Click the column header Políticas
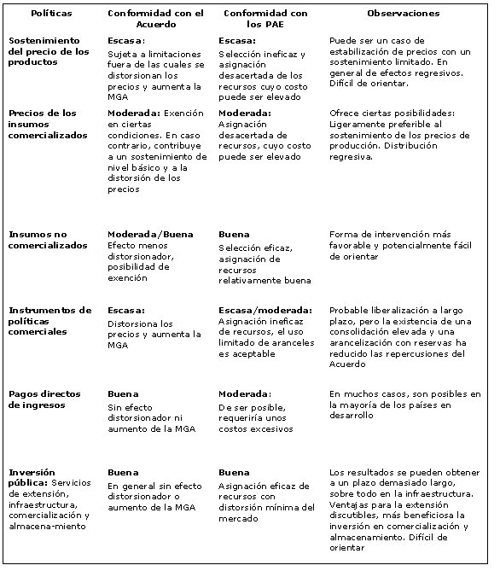[51, 14]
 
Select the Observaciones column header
[403, 14]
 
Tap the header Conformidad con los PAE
[265, 19]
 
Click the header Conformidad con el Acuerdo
[155, 19]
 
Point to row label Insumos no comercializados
[48, 240]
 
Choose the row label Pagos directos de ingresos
[44, 399]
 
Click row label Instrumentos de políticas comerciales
[49, 321]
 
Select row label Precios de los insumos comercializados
[48, 124]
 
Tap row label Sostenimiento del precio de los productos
[49, 51]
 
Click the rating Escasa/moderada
[265, 310]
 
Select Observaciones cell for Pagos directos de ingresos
[404, 405]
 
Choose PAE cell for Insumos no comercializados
[263, 257]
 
